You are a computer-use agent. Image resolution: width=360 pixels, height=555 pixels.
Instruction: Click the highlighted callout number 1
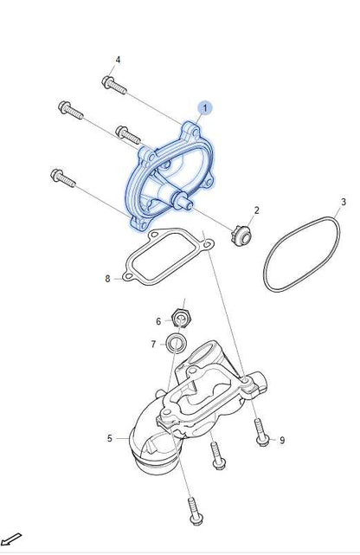(x=205, y=108)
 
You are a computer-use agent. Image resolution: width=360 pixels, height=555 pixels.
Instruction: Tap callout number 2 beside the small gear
(x=257, y=210)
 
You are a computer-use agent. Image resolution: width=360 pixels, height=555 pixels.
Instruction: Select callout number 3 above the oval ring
(x=344, y=202)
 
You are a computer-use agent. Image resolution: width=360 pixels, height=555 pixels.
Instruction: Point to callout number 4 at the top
(x=118, y=60)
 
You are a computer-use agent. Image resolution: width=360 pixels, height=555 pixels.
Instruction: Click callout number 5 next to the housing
(x=110, y=439)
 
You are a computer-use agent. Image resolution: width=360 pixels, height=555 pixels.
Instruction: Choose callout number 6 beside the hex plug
(x=158, y=321)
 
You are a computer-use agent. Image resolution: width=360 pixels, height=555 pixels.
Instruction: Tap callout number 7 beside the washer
(x=153, y=344)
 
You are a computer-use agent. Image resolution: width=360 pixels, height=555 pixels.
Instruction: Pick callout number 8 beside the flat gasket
(x=107, y=279)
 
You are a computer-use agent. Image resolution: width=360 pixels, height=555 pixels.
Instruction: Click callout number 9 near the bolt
(x=282, y=441)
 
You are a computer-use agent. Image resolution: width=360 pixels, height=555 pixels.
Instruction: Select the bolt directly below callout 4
(x=114, y=85)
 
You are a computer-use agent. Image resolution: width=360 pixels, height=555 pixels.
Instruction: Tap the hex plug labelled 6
(x=182, y=319)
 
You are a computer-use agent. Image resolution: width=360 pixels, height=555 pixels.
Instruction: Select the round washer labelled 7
(x=175, y=343)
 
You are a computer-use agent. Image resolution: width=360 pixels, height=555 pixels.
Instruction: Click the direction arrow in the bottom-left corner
(x=10, y=539)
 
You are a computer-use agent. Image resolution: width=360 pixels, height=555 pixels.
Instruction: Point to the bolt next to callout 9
(x=261, y=433)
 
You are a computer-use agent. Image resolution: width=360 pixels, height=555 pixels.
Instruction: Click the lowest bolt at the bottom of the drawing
(x=194, y=512)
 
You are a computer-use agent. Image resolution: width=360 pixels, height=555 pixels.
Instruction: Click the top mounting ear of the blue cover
(x=191, y=132)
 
